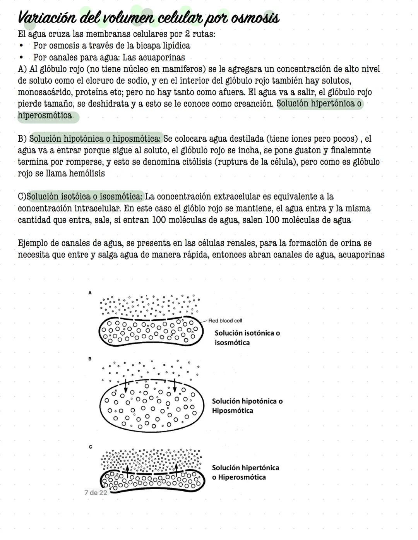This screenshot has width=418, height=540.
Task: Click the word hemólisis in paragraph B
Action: pos(87,173)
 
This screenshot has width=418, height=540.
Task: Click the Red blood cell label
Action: pos(225,321)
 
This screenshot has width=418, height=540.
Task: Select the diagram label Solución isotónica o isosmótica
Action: pos(247,338)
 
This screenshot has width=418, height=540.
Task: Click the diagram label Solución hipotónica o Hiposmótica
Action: pos(247,406)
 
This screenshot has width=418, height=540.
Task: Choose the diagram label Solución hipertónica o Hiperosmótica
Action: pos(245,472)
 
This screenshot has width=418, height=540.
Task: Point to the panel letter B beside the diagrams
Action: pos(90,359)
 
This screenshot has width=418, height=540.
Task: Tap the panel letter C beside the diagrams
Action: pos(90,447)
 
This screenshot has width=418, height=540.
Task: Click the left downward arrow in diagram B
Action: pos(125,385)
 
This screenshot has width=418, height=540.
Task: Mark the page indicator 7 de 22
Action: pos(96,492)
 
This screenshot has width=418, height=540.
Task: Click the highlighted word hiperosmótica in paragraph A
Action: pos(45,116)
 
